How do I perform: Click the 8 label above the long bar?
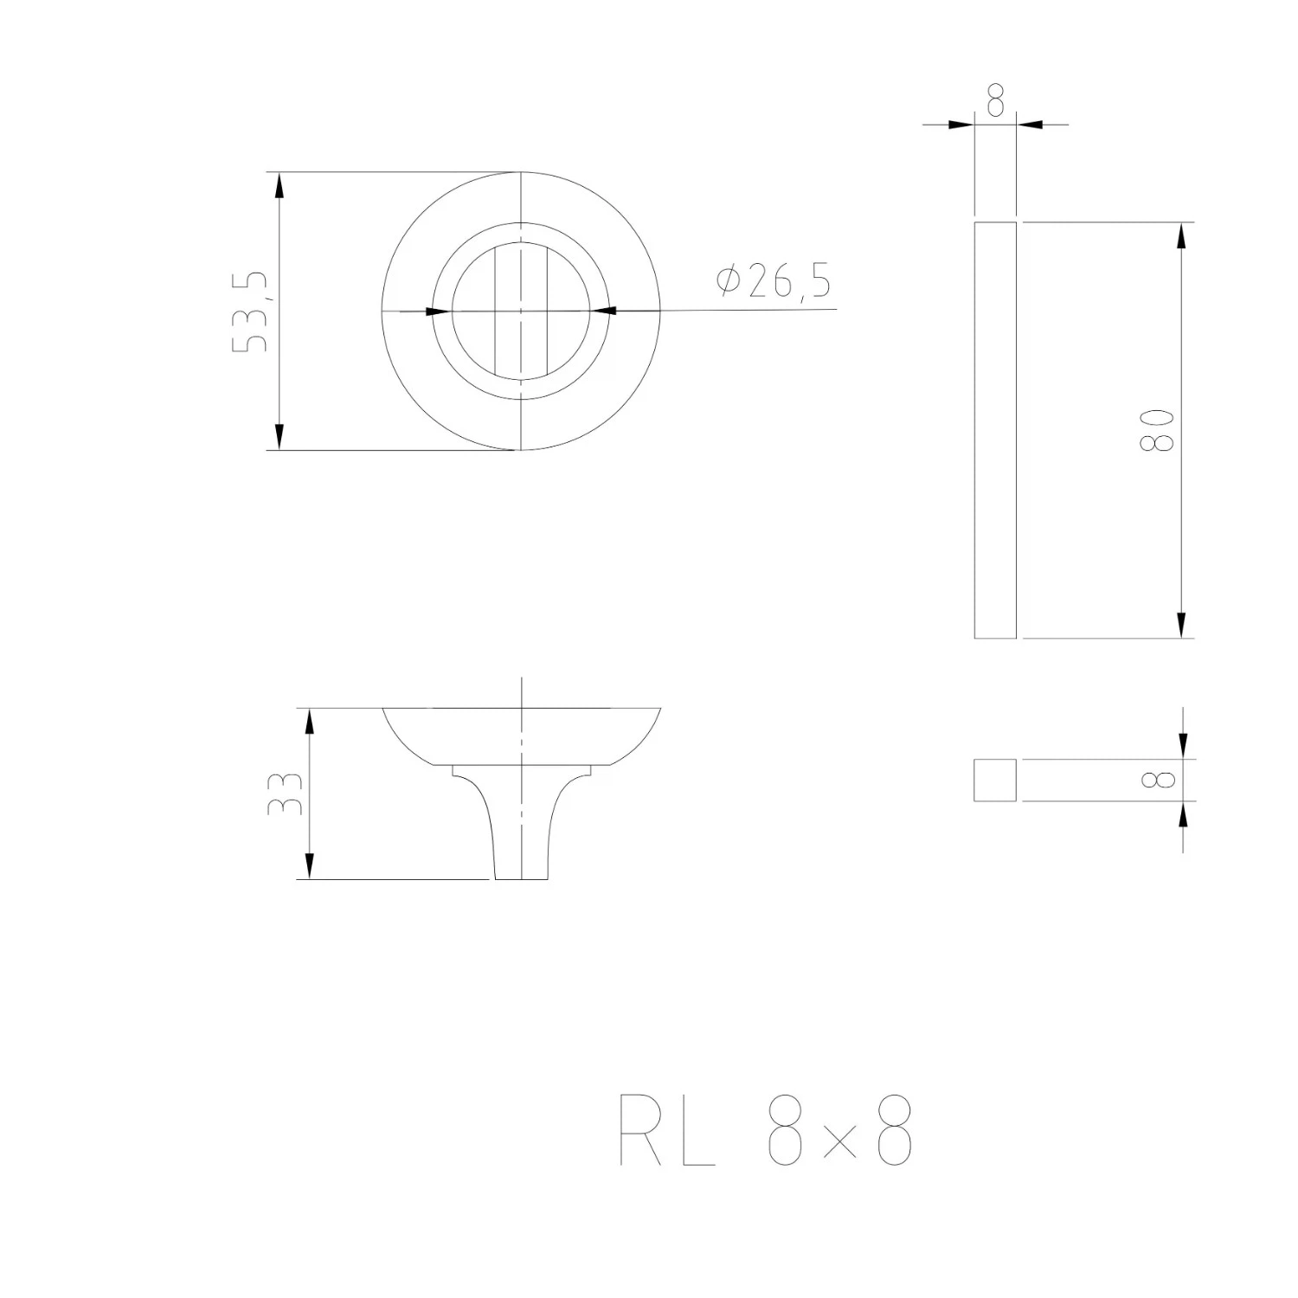pyautogui.click(x=995, y=101)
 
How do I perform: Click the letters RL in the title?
pyautogui.click(x=668, y=1130)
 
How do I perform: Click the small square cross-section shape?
pyautogui.click(x=995, y=781)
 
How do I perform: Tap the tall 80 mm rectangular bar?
pyautogui.click(x=995, y=430)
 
